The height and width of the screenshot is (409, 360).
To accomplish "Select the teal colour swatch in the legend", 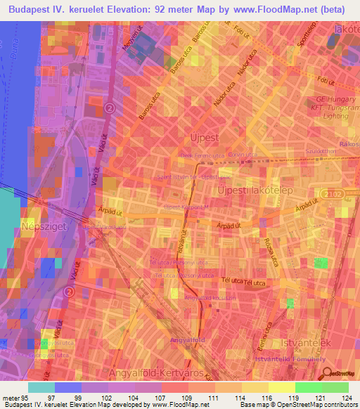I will (x=41, y=387).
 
